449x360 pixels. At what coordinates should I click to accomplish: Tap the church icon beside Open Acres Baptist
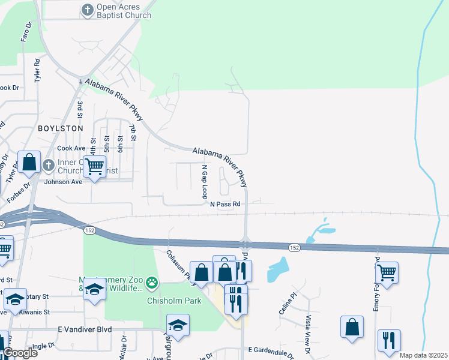(88, 10)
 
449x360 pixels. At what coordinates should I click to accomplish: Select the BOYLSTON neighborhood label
(60, 128)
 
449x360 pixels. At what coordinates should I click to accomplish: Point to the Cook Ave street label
(71, 148)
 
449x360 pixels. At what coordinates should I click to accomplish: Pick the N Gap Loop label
(204, 182)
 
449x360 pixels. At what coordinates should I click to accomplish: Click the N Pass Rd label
(225, 204)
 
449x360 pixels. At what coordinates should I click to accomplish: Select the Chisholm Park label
(174, 301)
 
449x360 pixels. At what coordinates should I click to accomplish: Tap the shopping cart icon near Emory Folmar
(386, 272)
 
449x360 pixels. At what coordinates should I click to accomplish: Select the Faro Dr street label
(26, 33)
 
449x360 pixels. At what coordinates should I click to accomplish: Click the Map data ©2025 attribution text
(423, 355)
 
